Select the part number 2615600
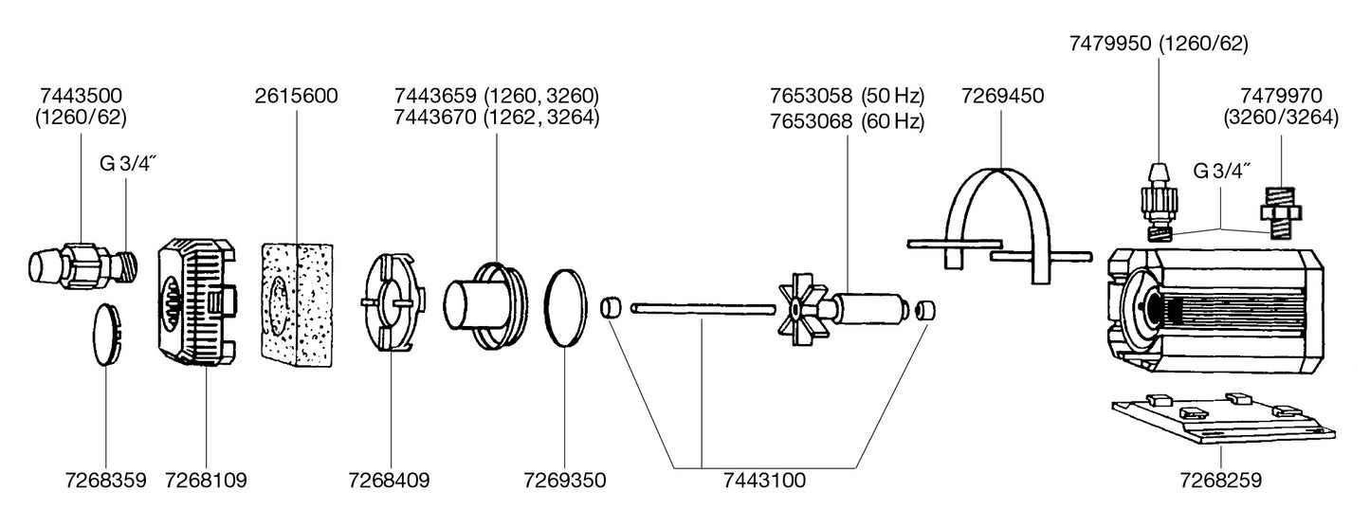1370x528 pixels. [297, 97]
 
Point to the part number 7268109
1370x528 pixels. [206, 481]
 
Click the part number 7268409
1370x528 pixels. [389, 481]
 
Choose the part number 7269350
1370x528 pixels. [564, 481]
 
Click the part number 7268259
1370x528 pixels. [1220, 481]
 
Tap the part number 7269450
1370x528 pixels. [1002, 97]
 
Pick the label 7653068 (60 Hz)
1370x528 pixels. [847, 121]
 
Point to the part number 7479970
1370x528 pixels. [1282, 97]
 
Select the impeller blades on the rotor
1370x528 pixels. [794, 309]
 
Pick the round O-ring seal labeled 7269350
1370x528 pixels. [566, 309]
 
